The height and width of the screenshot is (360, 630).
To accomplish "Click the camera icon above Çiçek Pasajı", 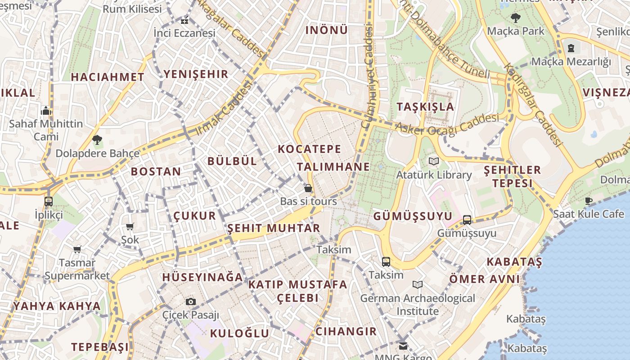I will (x=191, y=301).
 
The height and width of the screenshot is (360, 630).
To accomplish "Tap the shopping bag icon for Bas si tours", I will (x=308, y=188).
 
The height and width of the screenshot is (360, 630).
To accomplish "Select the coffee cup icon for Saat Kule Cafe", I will (x=589, y=200).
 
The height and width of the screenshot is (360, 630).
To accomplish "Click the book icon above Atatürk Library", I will (x=433, y=161).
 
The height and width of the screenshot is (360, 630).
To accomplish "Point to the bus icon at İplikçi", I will (x=49, y=202).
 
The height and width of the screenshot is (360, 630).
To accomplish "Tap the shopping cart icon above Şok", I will (x=130, y=226).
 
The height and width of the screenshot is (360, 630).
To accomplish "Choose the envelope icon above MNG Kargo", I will (x=403, y=346).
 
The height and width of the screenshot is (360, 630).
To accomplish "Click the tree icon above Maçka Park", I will (x=515, y=18).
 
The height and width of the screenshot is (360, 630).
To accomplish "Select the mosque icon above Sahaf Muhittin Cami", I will (x=46, y=111).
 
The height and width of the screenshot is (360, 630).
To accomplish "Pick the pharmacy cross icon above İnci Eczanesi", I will (x=184, y=21).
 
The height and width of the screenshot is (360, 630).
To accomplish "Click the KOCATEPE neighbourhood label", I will (x=310, y=149).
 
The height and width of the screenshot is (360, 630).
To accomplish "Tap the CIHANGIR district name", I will (x=346, y=332).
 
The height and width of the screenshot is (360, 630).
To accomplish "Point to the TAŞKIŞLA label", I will (x=425, y=107).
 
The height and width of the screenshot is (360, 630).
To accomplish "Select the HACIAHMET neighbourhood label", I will (x=108, y=77).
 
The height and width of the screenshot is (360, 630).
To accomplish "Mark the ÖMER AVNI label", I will (x=484, y=279).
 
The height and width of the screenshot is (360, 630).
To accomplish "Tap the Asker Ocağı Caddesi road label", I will (x=447, y=124).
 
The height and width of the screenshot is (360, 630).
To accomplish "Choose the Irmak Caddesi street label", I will (x=223, y=110).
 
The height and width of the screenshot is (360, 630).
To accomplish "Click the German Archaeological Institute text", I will (x=417, y=305).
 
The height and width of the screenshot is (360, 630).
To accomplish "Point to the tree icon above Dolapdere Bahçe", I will (x=97, y=139).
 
